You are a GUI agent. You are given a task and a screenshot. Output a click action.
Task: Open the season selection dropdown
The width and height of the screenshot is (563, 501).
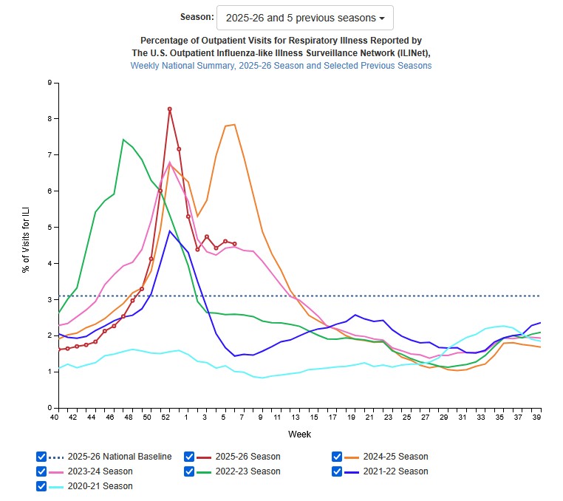(x=304, y=18)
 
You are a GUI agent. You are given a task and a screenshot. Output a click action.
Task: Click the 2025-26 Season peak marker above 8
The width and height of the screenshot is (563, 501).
(x=170, y=109)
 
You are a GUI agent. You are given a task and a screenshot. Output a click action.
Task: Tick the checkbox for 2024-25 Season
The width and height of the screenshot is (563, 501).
(x=338, y=457)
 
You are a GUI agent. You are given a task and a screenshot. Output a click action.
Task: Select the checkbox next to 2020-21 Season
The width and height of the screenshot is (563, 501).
(x=42, y=486)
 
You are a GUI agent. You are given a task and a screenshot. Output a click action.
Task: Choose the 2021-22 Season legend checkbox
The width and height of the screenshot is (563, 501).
(x=338, y=471)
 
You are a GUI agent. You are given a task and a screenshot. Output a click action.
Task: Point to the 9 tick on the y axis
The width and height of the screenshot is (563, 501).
(x=48, y=83)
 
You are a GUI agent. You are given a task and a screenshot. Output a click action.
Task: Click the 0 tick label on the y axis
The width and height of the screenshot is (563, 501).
(x=48, y=408)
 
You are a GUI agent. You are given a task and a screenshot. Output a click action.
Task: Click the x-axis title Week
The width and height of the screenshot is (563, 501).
(x=299, y=434)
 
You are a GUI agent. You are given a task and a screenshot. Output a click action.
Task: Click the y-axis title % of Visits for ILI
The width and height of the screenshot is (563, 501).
(x=26, y=245)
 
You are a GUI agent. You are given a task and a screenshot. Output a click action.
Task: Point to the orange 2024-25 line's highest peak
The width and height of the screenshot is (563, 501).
(x=234, y=124)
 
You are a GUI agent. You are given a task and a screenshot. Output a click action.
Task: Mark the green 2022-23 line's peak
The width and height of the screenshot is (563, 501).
(x=123, y=139)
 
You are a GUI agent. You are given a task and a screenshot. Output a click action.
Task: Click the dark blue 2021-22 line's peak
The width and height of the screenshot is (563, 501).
(x=170, y=231)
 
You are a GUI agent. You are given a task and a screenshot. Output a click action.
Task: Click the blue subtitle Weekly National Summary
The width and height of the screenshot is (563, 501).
(x=281, y=66)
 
